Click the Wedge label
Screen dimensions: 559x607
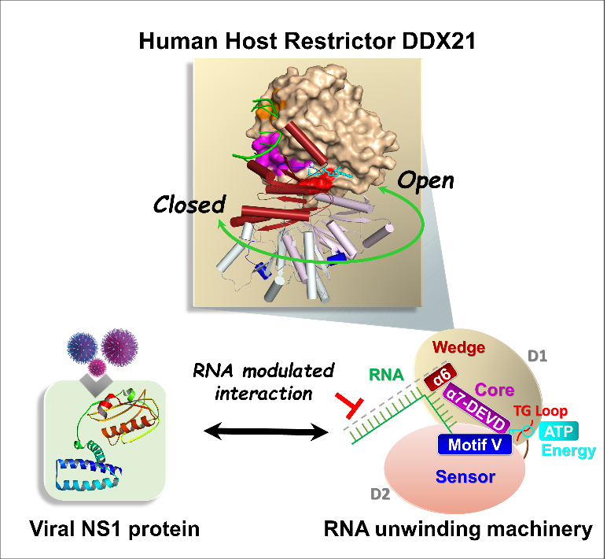point(459,347)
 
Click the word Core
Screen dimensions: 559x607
point(495,390)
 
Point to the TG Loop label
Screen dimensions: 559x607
point(540,411)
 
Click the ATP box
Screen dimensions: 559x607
point(558,431)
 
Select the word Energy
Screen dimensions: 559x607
point(568,451)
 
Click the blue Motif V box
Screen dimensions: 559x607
point(474,445)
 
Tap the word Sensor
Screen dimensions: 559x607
point(465,476)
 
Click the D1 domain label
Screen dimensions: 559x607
point(537,356)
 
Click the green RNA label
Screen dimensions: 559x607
point(386,376)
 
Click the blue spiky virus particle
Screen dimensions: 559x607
point(82,347)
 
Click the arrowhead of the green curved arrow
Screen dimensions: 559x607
point(383,189)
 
